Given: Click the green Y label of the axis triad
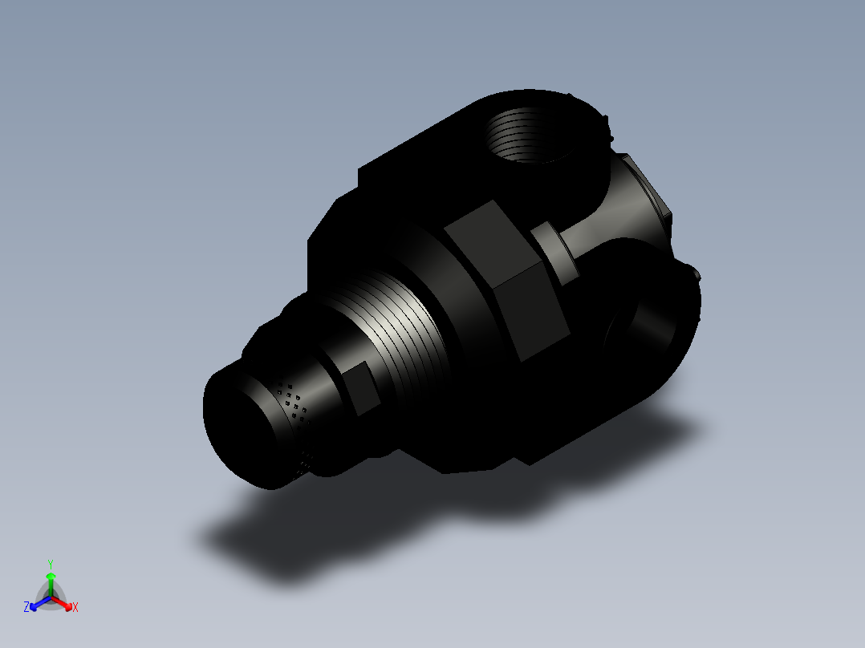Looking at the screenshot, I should (50, 564).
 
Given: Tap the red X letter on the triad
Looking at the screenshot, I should (75, 607).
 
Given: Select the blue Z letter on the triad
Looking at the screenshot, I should (26, 607).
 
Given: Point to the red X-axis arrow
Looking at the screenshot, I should (64, 602).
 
